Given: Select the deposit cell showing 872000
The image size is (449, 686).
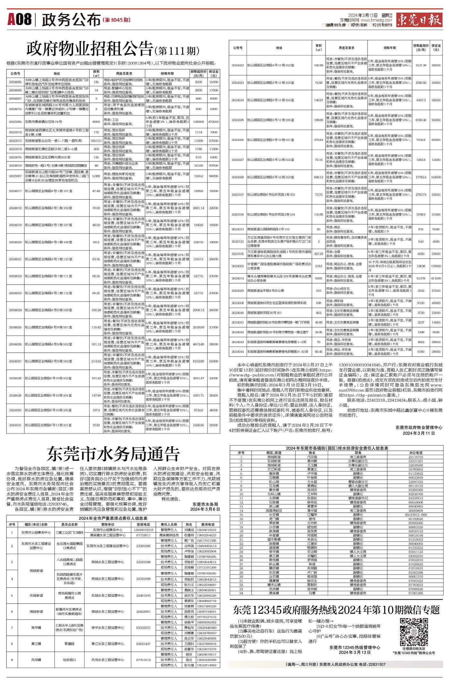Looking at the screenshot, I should (213, 122).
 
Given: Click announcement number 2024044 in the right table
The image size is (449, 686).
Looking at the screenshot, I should (238, 352).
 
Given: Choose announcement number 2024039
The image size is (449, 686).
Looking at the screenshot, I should (238, 291).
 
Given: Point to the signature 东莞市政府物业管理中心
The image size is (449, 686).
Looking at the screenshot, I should (419, 427).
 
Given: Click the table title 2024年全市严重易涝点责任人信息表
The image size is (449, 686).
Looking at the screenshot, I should (113, 518).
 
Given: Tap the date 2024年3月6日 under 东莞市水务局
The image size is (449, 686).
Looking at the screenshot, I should (205, 509).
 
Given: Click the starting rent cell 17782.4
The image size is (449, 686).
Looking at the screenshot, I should (420, 177).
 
